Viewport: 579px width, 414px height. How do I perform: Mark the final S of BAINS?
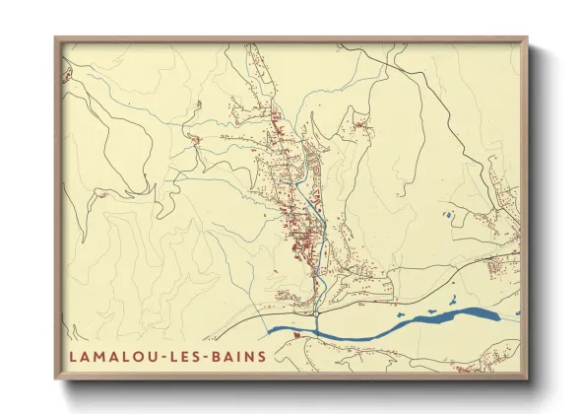click(261, 355)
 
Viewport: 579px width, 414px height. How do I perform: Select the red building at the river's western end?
click(294, 337)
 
